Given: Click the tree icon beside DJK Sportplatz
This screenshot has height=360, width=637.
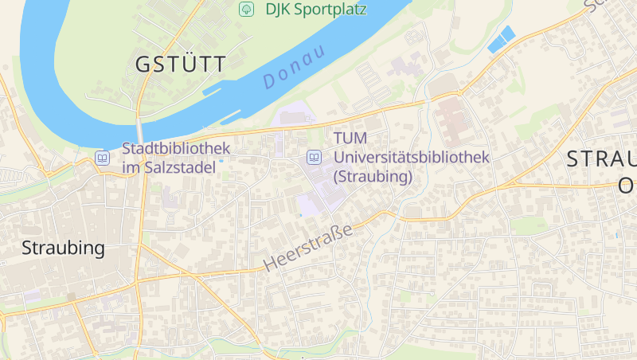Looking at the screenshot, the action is (247, 10).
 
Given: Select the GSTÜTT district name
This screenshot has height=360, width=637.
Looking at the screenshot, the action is (181, 65).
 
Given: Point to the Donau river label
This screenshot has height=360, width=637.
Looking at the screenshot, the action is (294, 68).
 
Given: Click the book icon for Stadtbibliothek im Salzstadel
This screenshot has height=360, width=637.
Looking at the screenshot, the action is (103, 158).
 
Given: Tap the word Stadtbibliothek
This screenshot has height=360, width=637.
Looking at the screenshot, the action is (176, 148).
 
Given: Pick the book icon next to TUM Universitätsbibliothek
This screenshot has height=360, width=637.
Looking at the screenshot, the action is (315, 158).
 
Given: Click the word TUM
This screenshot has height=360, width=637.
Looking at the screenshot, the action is (350, 139).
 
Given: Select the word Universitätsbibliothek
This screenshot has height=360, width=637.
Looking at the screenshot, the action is (412, 158).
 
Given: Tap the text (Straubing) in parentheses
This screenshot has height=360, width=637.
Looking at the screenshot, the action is (373, 176).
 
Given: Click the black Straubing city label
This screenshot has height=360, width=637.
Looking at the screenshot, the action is (63, 248).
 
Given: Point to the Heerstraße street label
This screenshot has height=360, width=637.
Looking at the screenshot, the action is (307, 248).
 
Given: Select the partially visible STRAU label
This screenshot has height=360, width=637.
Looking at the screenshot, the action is (601, 158).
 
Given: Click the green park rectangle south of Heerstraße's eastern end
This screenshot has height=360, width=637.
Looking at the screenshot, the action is (529, 225).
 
